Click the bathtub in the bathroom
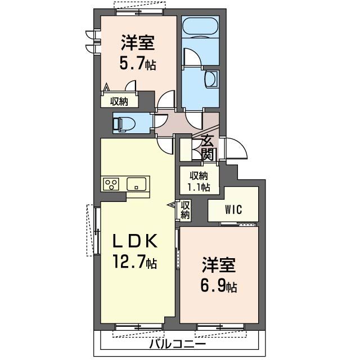pos(201,27)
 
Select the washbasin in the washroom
pos(211,79)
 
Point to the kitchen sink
pos(137,183)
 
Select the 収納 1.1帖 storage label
pos(199,181)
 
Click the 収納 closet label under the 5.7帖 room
pos(119,102)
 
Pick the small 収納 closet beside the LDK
pos(186,210)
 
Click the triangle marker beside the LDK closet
pos(173,206)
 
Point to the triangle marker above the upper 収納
pos(106,88)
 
